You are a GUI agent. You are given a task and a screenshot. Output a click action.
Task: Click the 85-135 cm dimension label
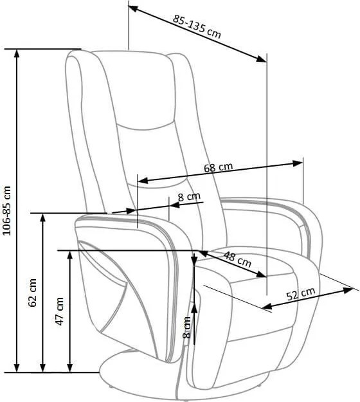click(x=197, y=26)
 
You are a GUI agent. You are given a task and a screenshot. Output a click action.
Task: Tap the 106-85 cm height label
click(x=7, y=211)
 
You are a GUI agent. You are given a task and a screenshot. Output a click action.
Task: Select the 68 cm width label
click(x=219, y=167)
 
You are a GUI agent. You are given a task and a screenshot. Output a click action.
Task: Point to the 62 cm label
click(x=33, y=293)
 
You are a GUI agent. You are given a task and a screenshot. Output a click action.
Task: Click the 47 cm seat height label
click(x=60, y=311)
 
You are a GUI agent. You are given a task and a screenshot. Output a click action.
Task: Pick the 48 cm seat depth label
click(x=237, y=259)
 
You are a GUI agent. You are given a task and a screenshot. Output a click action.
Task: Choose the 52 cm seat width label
click(x=301, y=294)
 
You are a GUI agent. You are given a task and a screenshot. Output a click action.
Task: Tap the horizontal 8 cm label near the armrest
click(x=189, y=197)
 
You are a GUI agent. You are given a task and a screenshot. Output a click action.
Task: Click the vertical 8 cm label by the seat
click(x=187, y=327)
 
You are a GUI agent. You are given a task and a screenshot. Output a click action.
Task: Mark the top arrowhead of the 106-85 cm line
click(x=17, y=54)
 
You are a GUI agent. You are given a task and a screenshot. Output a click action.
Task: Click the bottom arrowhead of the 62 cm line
click(x=43, y=367)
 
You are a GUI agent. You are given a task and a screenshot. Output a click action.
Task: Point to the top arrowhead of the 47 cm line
click(x=69, y=256)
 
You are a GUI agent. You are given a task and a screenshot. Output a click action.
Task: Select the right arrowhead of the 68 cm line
click(x=298, y=163)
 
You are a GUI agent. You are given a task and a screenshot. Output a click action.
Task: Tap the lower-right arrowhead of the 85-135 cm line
click(x=262, y=59)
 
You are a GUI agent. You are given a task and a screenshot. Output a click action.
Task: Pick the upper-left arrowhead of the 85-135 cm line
click(x=134, y=8)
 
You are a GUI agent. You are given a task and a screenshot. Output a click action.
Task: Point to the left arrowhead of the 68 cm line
click(x=143, y=180)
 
